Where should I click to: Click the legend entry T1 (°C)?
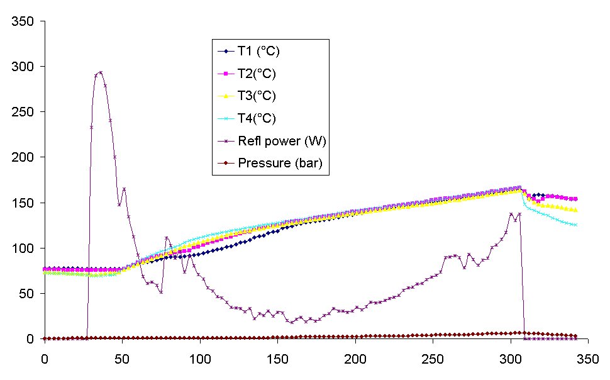(257, 51)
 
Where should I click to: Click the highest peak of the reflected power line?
(101, 72)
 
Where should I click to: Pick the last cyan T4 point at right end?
(575, 225)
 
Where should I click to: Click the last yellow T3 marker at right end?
(575, 210)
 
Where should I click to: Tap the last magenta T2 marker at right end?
(575, 199)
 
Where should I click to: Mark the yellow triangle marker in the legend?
(225, 96)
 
